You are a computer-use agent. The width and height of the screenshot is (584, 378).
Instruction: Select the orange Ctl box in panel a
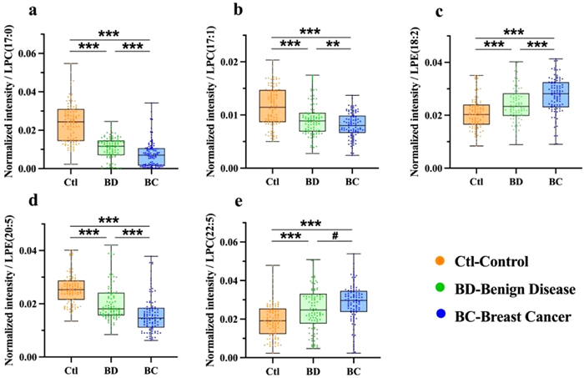[x=70, y=124]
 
